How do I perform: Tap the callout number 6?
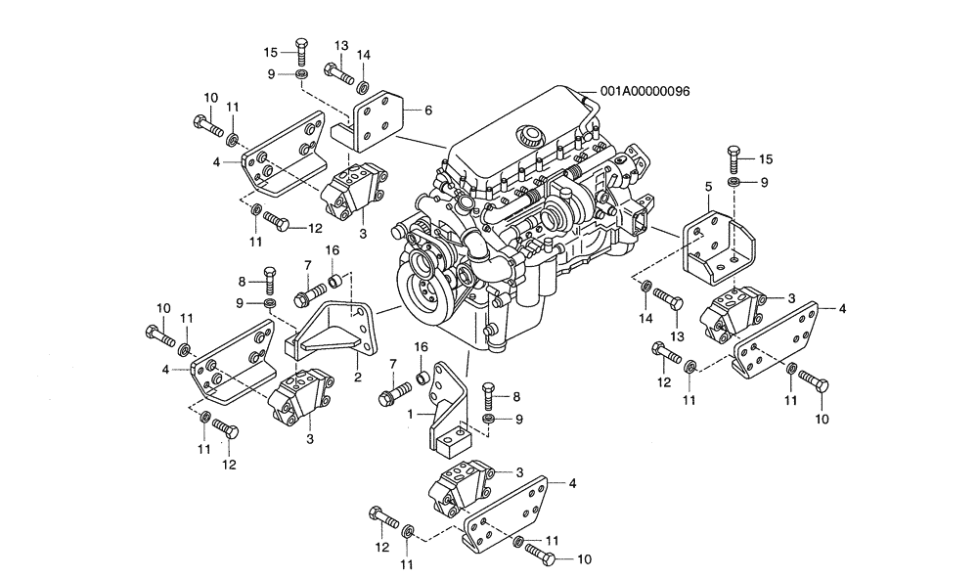(427, 111)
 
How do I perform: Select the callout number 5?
(707, 184)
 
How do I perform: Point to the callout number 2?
(358, 376)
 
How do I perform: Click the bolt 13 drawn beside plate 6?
(338, 71)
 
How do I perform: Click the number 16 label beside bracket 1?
(421, 346)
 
